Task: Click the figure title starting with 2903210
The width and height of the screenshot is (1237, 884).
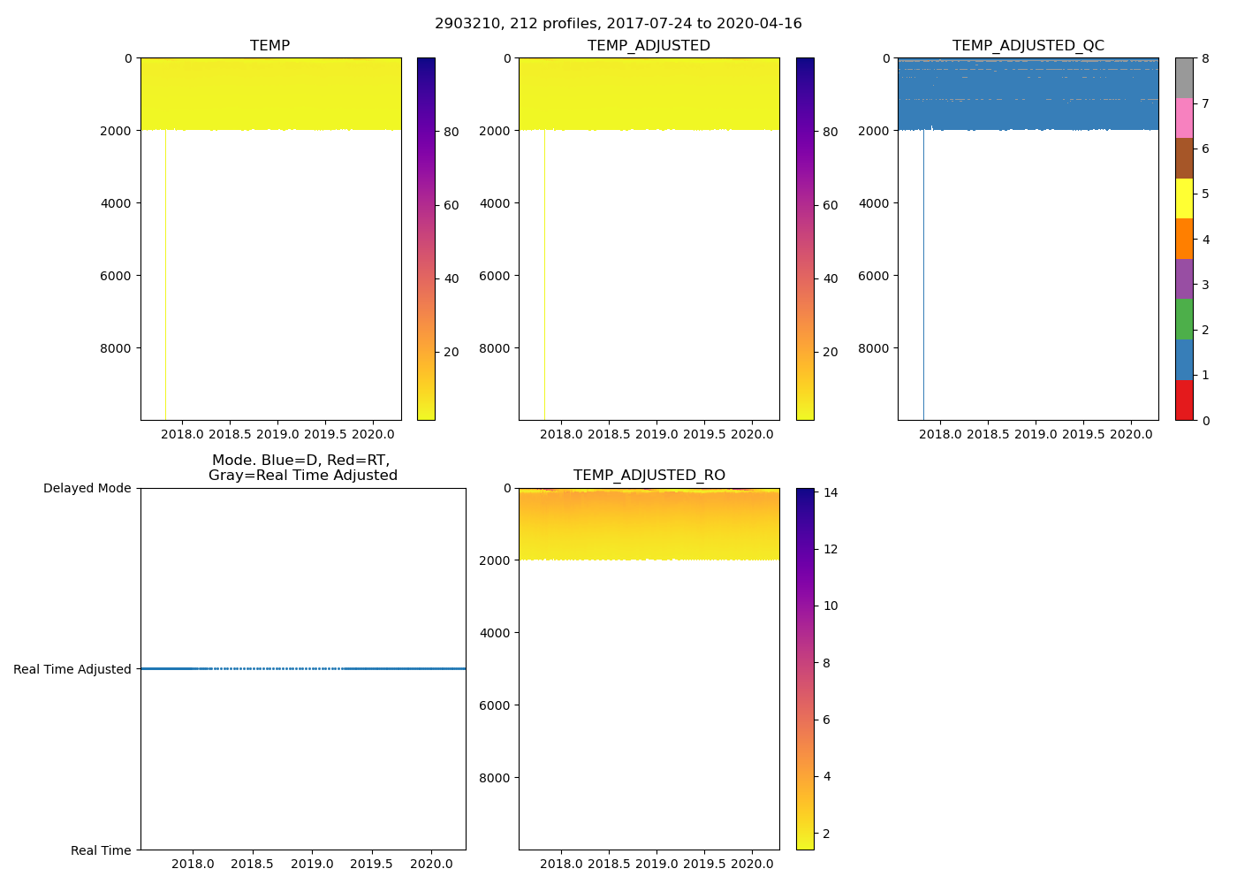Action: pyautogui.click(x=618, y=24)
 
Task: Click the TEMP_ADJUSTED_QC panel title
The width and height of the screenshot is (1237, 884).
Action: pyautogui.click(x=1028, y=46)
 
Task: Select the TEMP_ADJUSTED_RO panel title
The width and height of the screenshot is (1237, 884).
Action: pyautogui.click(x=649, y=476)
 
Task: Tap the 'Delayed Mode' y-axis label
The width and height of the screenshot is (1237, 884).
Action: pyautogui.click(x=87, y=488)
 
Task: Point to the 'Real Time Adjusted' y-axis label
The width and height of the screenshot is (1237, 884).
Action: pyautogui.click(x=72, y=669)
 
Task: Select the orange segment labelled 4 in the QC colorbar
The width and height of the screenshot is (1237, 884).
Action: pyautogui.click(x=1184, y=239)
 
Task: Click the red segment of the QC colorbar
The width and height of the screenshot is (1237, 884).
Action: pyautogui.click(x=1184, y=400)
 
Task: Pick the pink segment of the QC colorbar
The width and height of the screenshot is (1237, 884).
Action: pyautogui.click(x=1184, y=118)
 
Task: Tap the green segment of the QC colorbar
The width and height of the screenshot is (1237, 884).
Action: pyautogui.click(x=1184, y=319)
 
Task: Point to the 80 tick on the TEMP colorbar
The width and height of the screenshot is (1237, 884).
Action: pyautogui.click(x=451, y=133)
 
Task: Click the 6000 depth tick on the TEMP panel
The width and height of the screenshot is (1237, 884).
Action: pyautogui.click(x=115, y=276)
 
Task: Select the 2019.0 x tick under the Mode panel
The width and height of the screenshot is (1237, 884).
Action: pyautogui.click(x=312, y=864)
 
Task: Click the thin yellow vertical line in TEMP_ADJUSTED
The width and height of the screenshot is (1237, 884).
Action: pyautogui.click(x=544, y=274)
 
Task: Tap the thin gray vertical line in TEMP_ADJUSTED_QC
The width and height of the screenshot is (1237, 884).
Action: pyautogui.click(x=923, y=274)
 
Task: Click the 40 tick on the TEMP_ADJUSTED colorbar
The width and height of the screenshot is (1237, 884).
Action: pyautogui.click(x=830, y=278)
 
